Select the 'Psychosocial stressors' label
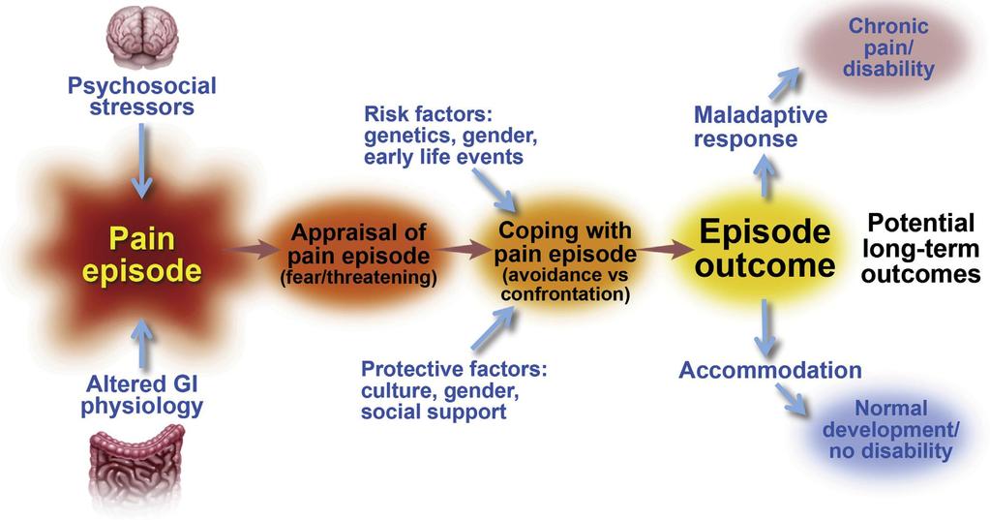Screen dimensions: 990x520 142,96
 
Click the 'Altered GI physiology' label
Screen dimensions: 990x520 142,395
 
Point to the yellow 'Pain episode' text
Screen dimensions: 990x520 142,255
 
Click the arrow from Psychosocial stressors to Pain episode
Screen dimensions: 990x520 142,161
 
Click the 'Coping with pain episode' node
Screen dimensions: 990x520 565,260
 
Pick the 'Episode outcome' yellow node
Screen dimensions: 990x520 765,249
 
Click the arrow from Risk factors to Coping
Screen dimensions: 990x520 494,191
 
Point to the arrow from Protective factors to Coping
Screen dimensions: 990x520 494,328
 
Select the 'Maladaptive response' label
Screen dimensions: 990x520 761,126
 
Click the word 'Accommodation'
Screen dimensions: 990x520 770,370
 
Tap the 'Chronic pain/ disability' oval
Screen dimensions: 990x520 887,48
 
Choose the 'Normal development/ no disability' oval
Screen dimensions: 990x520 890,430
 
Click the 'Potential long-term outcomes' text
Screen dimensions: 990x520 920,248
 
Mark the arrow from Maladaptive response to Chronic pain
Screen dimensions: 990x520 784,82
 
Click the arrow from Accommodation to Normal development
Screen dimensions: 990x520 792,399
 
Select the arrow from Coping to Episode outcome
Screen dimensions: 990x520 665,249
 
